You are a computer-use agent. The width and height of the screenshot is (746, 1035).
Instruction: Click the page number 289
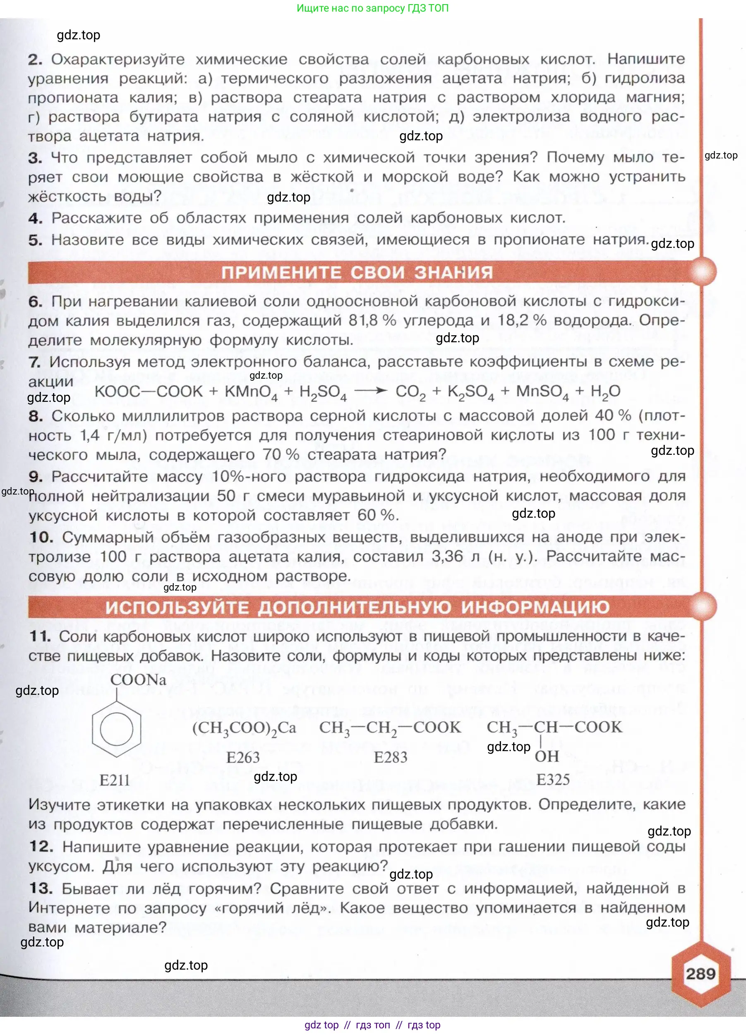(700, 974)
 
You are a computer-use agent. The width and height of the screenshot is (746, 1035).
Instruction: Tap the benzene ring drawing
(116, 729)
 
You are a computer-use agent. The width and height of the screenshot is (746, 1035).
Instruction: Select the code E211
(115, 780)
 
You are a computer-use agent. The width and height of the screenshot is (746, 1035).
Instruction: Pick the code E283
(391, 757)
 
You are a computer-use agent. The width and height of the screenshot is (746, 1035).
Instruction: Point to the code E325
(553, 779)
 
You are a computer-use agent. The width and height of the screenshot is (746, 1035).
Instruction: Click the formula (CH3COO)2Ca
(244, 728)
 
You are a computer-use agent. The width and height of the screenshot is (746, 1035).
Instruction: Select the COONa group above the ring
(138, 680)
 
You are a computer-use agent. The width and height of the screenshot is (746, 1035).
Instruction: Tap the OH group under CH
(547, 756)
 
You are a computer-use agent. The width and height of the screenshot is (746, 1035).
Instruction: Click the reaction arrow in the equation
(370, 391)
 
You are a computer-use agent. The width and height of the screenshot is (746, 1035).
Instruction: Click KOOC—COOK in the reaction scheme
(148, 391)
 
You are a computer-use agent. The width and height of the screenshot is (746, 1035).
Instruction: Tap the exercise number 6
(35, 302)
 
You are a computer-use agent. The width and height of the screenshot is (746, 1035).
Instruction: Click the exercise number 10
(41, 537)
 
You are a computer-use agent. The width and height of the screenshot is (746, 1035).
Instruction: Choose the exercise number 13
(41, 888)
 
